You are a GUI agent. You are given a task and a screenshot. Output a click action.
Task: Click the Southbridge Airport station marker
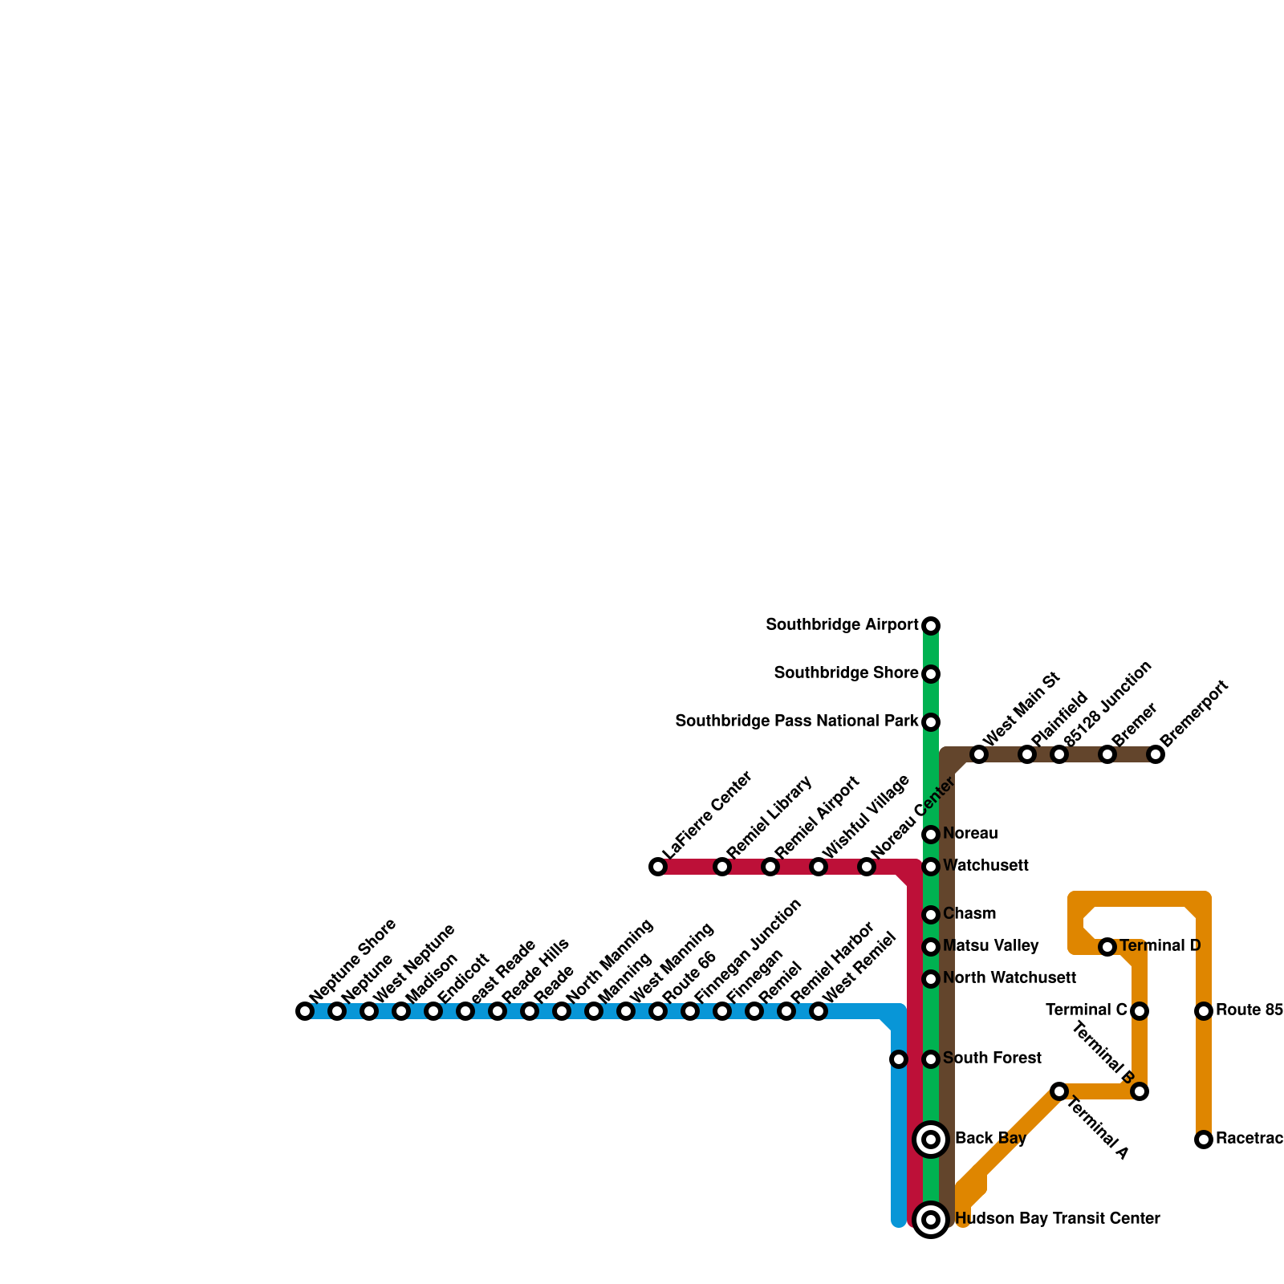[x=931, y=625]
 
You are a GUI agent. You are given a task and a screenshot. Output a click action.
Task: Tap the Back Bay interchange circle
[x=931, y=1139]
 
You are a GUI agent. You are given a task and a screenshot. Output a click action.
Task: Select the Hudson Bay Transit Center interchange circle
[x=931, y=1220]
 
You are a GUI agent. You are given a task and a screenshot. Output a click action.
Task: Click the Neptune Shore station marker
[x=305, y=1011]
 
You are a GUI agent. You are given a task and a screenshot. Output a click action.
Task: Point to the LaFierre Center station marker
[x=658, y=867]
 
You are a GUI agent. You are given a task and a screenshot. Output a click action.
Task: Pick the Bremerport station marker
[x=1156, y=754]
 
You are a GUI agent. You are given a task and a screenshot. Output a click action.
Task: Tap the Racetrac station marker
[x=1204, y=1140]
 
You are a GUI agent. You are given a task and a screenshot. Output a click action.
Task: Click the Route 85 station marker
[x=1204, y=1011]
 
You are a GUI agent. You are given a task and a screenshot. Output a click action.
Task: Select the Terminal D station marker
[x=1107, y=947]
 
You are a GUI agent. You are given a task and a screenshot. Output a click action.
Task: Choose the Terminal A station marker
[x=1059, y=1091]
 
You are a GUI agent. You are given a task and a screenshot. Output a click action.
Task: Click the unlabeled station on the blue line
[x=899, y=1059]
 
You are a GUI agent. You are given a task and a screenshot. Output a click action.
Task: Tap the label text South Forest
[x=992, y=1058]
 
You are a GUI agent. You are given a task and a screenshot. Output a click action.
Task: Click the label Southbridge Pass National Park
[x=796, y=721]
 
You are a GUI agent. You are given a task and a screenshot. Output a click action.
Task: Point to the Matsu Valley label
[x=990, y=946]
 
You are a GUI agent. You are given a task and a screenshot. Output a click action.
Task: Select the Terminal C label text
[x=1087, y=1010]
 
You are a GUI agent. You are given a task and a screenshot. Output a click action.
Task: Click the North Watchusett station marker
[x=931, y=979]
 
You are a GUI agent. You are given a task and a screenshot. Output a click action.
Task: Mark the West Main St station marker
[x=979, y=754]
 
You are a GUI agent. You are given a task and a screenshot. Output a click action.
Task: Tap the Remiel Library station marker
[x=722, y=867]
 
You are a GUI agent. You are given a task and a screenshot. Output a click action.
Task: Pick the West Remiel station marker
[x=819, y=1011]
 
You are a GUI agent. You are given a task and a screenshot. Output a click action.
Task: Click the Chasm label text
[x=969, y=914]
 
